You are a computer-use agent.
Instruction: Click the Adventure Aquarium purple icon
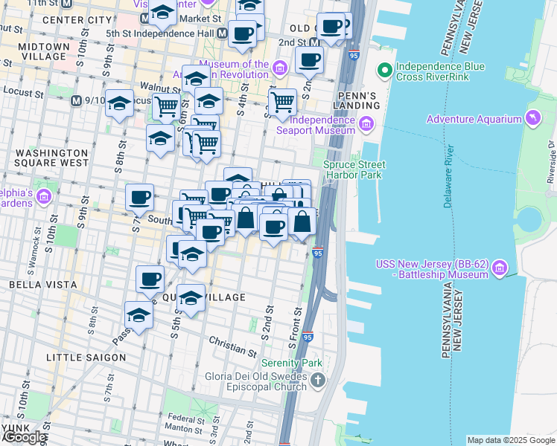pos(532,119)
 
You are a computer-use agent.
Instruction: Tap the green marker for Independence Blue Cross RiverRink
pos(385,72)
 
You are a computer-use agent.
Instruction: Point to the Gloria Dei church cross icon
pos(318,381)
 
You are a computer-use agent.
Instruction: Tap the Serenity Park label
pos(291,363)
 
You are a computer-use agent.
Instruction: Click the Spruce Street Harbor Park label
pos(354,169)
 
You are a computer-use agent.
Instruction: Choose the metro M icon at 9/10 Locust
pos(76,100)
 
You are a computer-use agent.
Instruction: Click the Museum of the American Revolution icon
pos(280,69)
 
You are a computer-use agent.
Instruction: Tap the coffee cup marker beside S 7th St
pos(139,198)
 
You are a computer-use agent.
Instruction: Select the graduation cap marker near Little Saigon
pos(139,316)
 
